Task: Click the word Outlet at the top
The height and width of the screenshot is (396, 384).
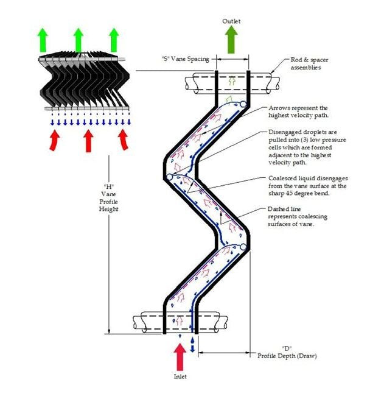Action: click(x=231, y=21)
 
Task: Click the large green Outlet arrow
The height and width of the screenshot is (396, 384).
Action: click(x=231, y=41)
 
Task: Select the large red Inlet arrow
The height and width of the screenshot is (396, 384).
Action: click(x=181, y=357)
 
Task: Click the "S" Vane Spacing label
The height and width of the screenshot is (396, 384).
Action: click(x=181, y=59)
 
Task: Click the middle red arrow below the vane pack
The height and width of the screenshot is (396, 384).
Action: click(x=88, y=140)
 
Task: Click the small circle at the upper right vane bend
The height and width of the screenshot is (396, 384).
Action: click(x=243, y=104)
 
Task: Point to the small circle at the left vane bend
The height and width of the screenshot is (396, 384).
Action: click(x=169, y=177)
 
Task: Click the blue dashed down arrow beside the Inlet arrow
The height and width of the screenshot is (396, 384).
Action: click(x=193, y=344)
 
